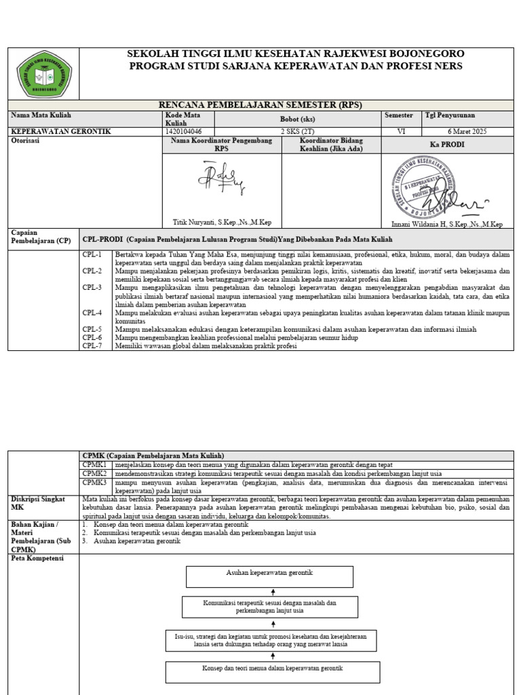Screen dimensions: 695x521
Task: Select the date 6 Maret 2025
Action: [468, 131]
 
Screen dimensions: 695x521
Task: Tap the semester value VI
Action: [402, 131]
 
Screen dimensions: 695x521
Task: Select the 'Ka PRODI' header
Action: [448, 145]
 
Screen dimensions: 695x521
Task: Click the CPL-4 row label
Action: [92, 313]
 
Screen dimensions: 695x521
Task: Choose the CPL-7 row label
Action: [92, 346]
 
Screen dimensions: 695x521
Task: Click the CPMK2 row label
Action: [95, 473]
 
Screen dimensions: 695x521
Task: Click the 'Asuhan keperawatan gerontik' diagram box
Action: [269, 576]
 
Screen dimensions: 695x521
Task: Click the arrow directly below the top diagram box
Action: [272, 592]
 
